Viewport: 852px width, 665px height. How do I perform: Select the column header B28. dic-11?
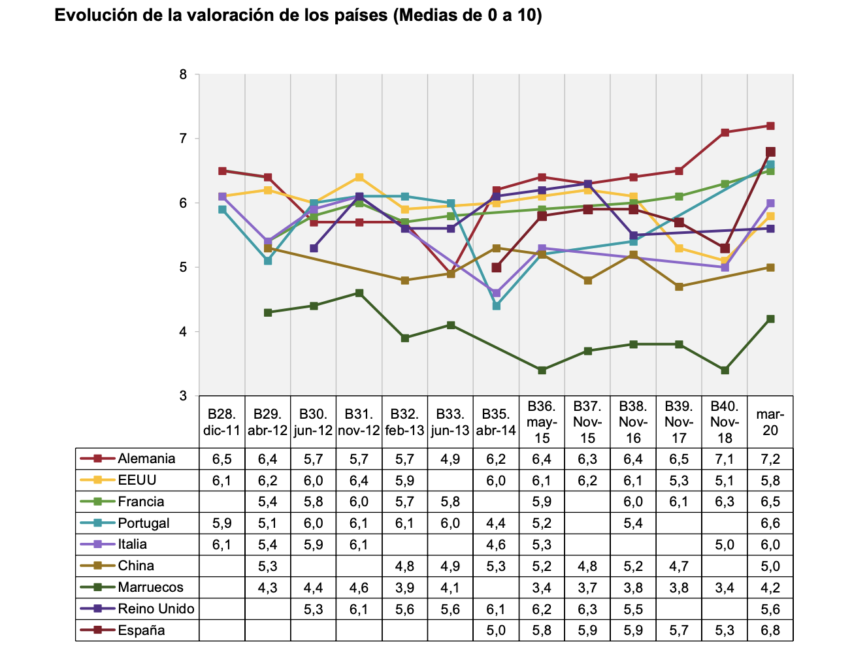[221, 422]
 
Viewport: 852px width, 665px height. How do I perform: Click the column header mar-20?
[770, 422]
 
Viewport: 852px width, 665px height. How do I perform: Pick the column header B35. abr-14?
[496, 422]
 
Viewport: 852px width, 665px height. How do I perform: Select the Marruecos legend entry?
[150, 587]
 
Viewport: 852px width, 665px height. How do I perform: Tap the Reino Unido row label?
[156, 609]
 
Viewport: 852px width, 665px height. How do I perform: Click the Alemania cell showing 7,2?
[770, 459]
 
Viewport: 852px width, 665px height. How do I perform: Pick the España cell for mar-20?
[770, 630]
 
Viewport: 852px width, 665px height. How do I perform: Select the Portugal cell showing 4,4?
[496, 523]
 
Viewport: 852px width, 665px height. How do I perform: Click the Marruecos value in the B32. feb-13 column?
[404, 587]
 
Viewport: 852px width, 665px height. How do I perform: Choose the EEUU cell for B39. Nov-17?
[679, 480]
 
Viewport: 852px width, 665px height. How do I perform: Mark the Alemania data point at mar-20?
[770, 126]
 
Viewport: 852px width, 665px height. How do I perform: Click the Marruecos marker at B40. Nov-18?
[725, 370]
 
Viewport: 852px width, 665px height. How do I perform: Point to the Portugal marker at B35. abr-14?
[496, 306]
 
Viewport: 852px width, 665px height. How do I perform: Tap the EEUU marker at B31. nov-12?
[359, 177]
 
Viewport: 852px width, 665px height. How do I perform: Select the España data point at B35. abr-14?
[496, 267]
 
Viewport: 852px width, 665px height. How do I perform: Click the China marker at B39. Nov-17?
[679, 287]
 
